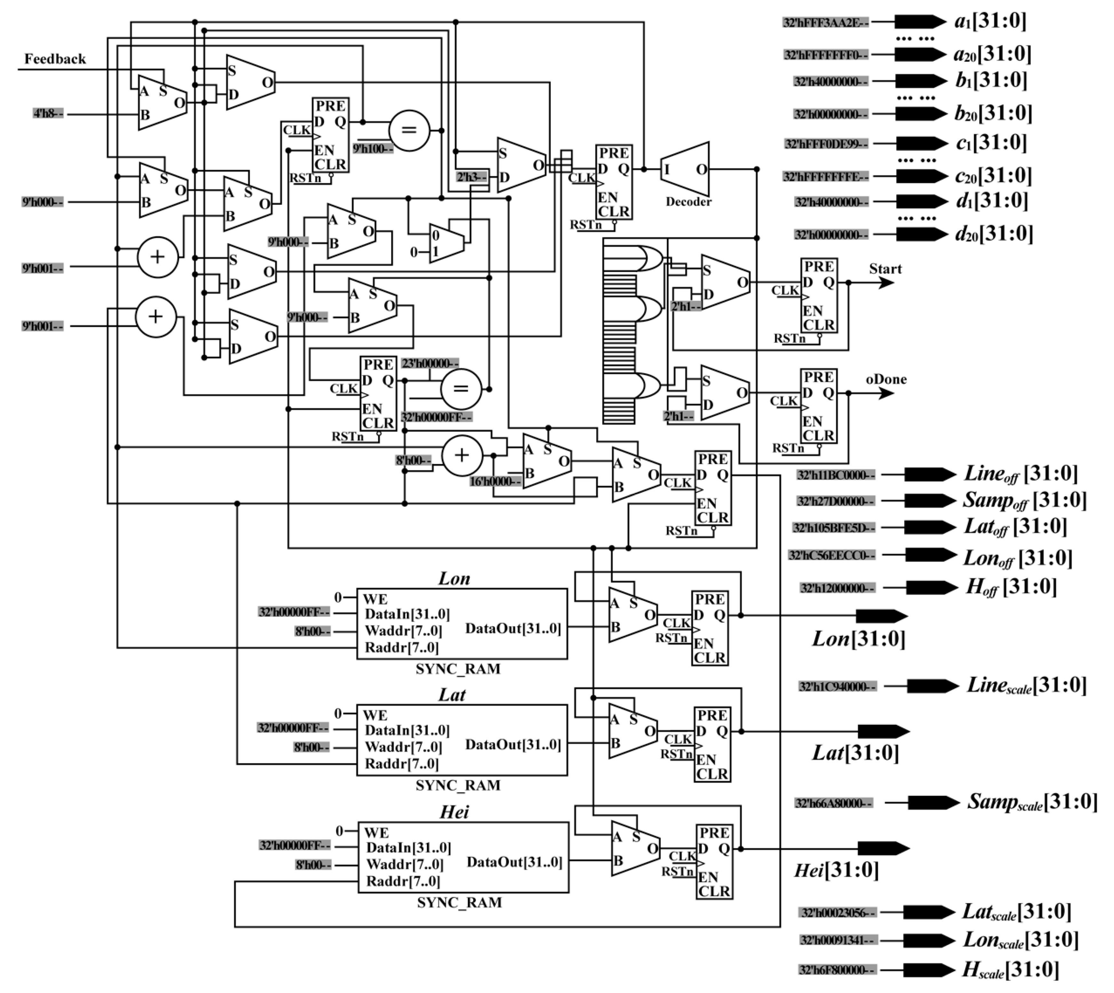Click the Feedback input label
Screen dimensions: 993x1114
tap(54, 59)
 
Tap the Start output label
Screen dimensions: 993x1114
tap(885, 269)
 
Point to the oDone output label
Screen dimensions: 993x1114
tap(886, 379)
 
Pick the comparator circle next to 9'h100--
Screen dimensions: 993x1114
tap(409, 130)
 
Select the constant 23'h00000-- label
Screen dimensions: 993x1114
tap(430, 363)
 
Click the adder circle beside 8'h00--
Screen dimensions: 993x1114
tap(461, 456)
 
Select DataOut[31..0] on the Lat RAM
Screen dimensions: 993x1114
tap(513, 745)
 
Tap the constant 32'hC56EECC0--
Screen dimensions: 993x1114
tap(832, 556)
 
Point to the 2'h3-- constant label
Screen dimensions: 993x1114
tap(472, 177)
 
